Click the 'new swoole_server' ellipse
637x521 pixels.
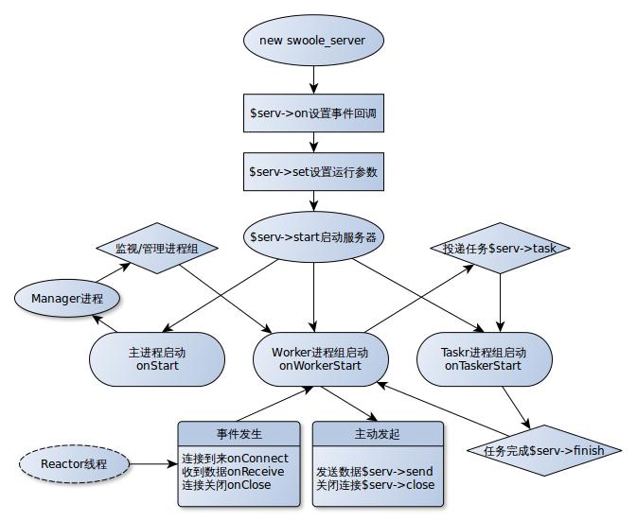click(x=314, y=41)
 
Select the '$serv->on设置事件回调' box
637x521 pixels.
click(x=314, y=113)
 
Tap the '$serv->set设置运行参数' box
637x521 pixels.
click(x=314, y=172)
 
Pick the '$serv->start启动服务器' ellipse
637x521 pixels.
click(x=314, y=236)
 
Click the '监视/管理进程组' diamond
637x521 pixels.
click(x=157, y=249)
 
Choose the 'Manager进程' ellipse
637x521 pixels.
click(x=67, y=299)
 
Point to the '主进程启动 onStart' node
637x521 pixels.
click(x=157, y=358)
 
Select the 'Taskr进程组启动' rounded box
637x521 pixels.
click(x=484, y=352)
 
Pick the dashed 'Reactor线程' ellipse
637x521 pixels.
click(x=75, y=464)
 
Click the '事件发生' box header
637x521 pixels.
click(x=239, y=434)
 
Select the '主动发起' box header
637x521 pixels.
click(x=377, y=434)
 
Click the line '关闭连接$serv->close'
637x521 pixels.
click(x=376, y=484)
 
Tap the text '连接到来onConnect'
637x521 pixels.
click(x=236, y=459)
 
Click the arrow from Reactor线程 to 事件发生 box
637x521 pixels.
click(x=153, y=464)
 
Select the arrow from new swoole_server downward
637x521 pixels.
click(x=314, y=78)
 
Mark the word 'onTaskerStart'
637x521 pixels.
click(x=484, y=365)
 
